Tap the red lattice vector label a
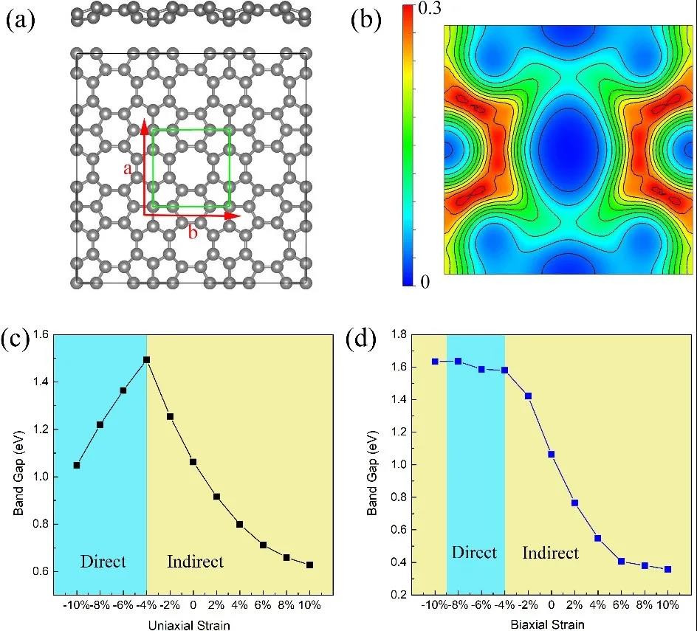(x=128, y=170)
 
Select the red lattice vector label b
(x=193, y=233)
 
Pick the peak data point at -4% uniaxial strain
(x=147, y=359)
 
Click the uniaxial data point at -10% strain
(x=77, y=465)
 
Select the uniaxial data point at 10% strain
(x=310, y=565)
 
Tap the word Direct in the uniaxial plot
(x=103, y=562)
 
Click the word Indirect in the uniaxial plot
(x=195, y=562)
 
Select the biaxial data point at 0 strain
(x=552, y=455)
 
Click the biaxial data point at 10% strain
(x=668, y=569)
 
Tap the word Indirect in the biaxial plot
(x=551, y=553)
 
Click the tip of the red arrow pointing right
(x=241, y=215)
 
